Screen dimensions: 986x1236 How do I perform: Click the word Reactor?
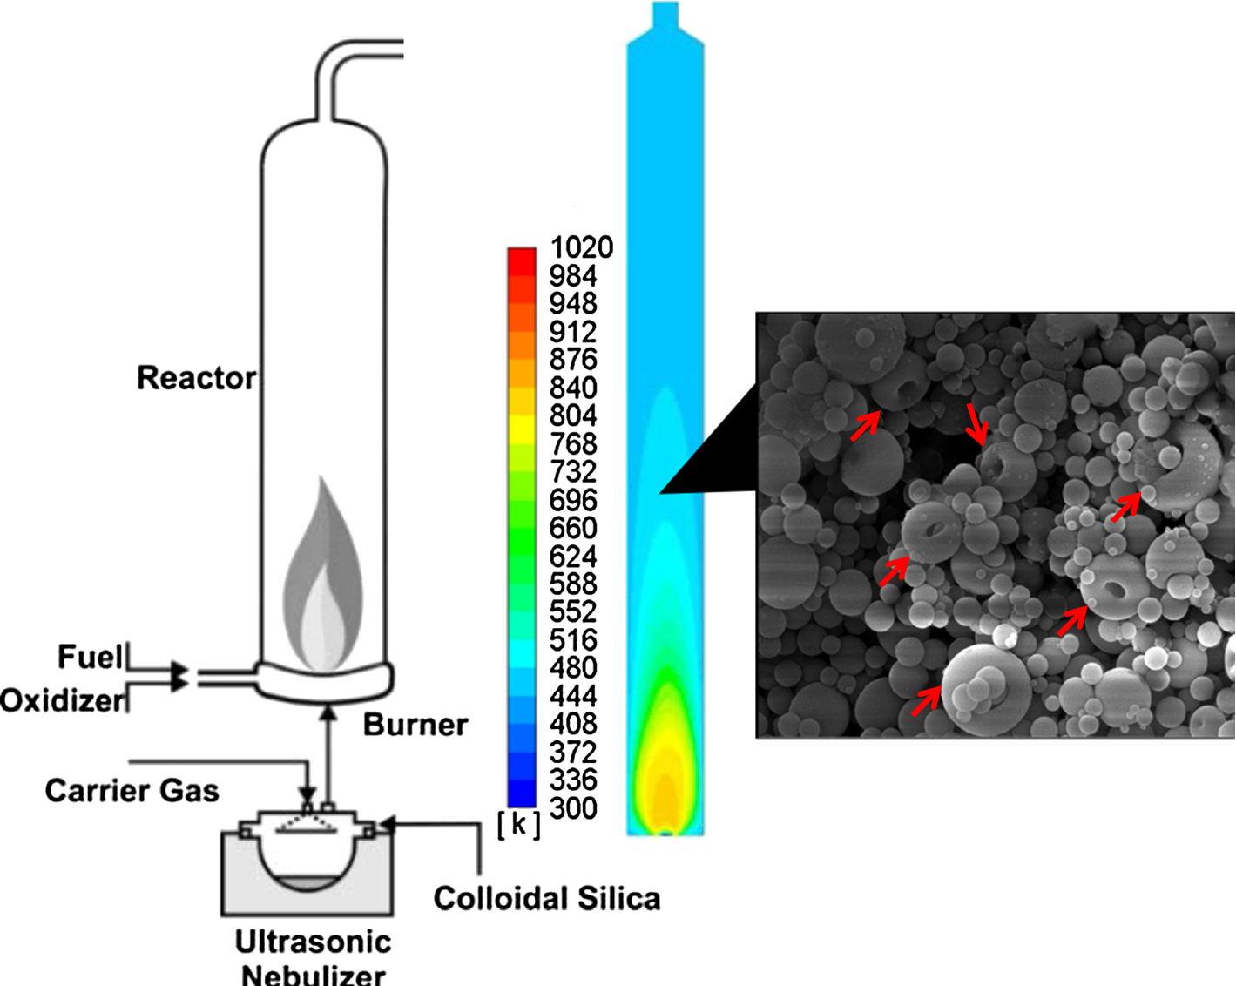coord(196,378)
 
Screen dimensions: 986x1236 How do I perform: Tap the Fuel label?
coord(89,657)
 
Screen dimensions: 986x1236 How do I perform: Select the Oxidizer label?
coord(62,700)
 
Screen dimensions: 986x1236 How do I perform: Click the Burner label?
coord(415,725)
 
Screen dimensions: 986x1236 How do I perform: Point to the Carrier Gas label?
coord(132,791)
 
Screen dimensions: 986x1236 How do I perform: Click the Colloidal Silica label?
coord(546,898)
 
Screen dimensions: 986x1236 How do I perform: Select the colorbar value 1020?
coord(581,247)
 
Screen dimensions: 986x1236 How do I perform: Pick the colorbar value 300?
coord(573,808)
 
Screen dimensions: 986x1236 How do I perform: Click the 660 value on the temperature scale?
coord(573,528)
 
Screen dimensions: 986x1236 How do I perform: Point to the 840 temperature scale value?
coord(573,388)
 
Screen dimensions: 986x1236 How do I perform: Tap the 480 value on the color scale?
coord(573,668)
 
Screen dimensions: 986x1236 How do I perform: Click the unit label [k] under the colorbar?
coord(518,824)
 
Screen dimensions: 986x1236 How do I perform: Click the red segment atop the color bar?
coord(522,260)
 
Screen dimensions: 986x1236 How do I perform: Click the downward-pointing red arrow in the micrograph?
coord(977,423)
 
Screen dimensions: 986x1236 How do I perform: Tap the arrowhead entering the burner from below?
coord(328,712)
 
